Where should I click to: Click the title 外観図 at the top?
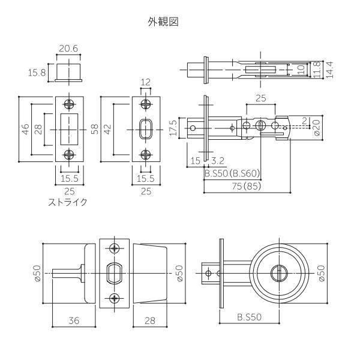click(163, 22)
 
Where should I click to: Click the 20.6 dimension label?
click(68, 49)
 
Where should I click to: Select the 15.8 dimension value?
click(37, 73)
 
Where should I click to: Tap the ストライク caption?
click(68, 202)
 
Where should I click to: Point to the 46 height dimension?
click(26, 129)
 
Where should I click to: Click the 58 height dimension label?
click(95, 129)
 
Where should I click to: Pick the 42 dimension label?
click(107, 129)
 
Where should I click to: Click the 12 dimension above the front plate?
click(145, 82)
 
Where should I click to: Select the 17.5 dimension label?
click(174, 128)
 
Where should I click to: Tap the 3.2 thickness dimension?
click(218, 161)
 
